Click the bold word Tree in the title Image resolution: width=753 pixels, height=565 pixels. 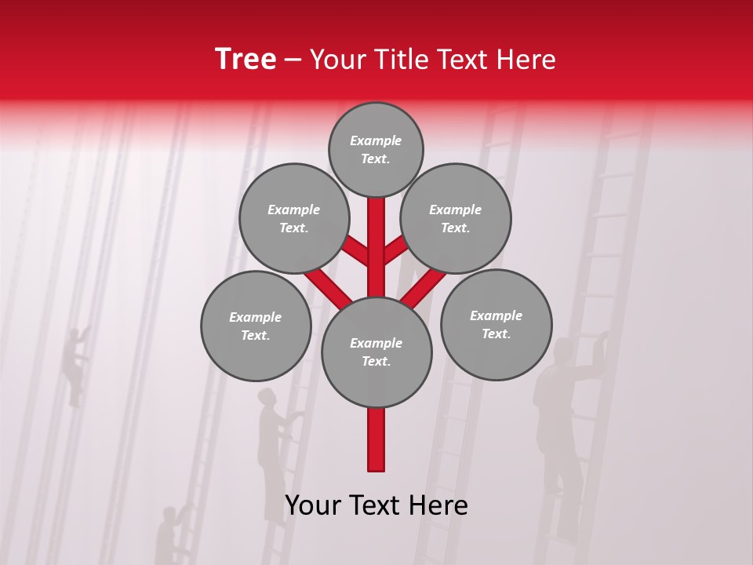click(246, 59)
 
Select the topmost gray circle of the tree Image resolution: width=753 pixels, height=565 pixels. click(376, 149)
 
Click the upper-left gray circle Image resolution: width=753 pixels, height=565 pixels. click(293, 218)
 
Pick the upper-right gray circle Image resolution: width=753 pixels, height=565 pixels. click(456, 218)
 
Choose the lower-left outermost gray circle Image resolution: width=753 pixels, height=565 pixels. click(256, 326)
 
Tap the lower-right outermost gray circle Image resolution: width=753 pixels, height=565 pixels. click(496, 325)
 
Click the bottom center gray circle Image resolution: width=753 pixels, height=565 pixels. click(376, 352)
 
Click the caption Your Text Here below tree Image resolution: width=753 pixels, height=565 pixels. click(376, 505)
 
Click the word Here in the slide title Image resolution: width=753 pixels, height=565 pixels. click(527, 60)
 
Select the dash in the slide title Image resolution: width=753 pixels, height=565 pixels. click(293, 60)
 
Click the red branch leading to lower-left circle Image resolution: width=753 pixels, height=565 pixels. click(326, 286)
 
